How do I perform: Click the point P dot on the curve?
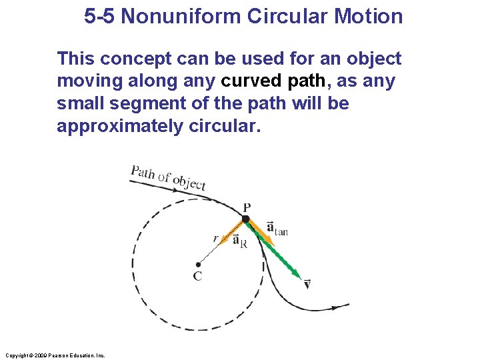coord(245,219)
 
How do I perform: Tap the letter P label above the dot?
coord(247,208)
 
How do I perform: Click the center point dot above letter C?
coord(198,265)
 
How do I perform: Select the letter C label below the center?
coord(198,276)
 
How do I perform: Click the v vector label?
coord(307,285)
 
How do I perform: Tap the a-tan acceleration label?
coord(277,229)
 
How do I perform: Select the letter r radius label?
coord(215,238)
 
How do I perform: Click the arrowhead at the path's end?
coord(345,307)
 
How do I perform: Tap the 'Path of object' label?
coord(168,177)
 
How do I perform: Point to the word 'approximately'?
coord(117,127)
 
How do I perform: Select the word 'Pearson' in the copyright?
coord(55,356)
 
